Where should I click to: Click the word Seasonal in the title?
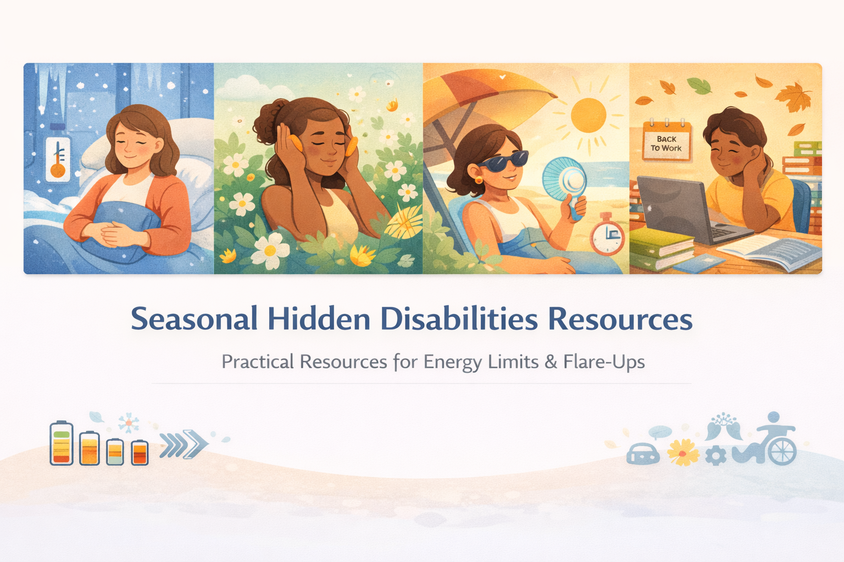coord(194,319)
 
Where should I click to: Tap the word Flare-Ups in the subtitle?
coord(604,362)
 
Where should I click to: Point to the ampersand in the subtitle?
coord(551,362)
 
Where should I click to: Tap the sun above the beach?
coord(588,115)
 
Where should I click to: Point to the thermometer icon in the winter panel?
coord(58,160)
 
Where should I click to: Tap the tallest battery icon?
coord(62,443)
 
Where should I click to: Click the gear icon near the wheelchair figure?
coord(715,456)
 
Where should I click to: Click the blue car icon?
coord(643,454)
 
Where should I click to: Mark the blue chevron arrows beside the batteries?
coord(184,443)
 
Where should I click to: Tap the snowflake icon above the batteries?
coord(129,423)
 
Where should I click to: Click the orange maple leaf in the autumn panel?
coord(793,97)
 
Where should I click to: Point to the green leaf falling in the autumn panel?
coord(699,85)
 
